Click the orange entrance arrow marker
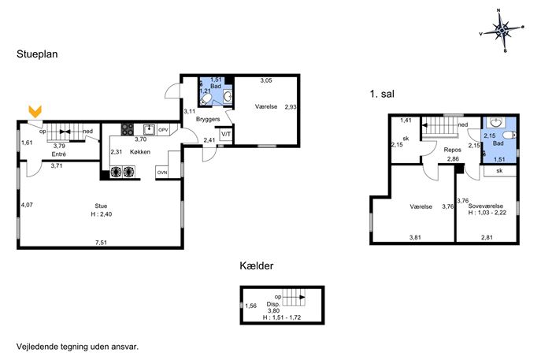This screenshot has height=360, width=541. [x=35, y=111]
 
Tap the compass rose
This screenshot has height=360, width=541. [x=502, y=31]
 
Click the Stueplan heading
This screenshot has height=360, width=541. [x=37, y=54]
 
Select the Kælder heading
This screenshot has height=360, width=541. [x=257, y=265]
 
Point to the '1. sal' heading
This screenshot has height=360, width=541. [x=382, y=94]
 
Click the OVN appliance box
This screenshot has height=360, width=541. [x=162, y=173]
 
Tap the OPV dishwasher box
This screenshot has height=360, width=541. [x=163, y=130]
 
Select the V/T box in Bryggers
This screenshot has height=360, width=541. [x=226, y=134]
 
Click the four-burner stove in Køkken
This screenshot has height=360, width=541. [x=128, y=129]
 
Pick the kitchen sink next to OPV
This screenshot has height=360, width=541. [x=150, y=130]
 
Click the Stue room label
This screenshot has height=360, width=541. [x=101, y=206]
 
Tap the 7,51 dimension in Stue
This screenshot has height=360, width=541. [x=101, y=243]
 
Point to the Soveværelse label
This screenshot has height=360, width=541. [x=485, y=206]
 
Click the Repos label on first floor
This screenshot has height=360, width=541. [x=452, y=150]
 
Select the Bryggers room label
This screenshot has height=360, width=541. [x=208, y=119]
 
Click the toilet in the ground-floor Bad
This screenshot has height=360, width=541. [x=205, y=100]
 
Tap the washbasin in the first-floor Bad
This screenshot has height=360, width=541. [x=495, y=123]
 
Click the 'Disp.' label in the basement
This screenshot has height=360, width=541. [x=273, y=304]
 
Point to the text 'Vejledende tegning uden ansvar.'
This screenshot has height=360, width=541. [x=78, y=347]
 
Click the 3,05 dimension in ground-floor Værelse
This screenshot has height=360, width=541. [x=266, y=80]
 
